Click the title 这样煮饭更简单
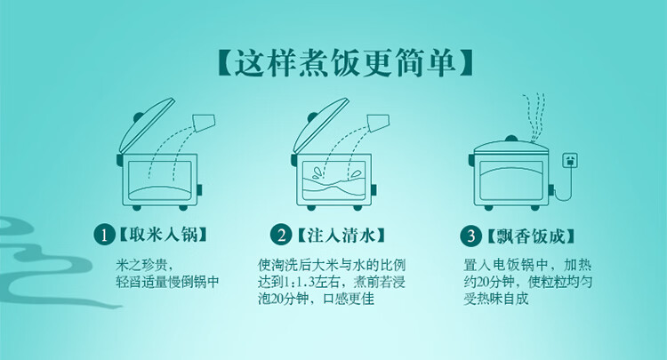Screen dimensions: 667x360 (x=345, y=64)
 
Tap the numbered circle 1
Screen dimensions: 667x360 (x=104, y=235)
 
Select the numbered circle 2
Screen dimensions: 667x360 (x=281, y=235)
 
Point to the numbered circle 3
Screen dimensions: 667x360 (x=470, y=236)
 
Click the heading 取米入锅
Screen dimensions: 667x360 (x=164, y=235)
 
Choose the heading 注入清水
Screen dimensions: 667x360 (x=341, y=235)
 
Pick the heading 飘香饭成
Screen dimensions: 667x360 (x=531, y=236)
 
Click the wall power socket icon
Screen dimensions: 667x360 (x=570, y=161)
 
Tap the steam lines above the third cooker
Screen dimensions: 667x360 (x=534, y=117)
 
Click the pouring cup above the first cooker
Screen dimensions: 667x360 (x=204, y=122)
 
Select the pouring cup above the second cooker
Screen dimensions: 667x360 (x=378, y=122)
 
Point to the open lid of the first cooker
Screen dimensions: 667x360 (x=146, y=125)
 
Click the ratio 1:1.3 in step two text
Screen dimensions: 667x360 (x=299, y=282)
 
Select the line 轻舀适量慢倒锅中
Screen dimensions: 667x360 (x=167, y=282)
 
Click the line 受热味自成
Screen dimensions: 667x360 (x=496, y=299)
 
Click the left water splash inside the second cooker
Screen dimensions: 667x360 (x=317, y=173)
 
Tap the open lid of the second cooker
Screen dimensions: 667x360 (x=320, y=125)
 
